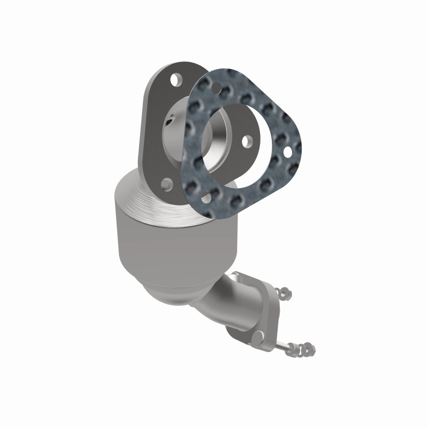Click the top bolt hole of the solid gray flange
coord(174,80)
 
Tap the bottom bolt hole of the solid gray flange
coord(167,185)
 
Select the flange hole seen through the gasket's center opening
coord(247,142)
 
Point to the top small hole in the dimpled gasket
coord(216,87)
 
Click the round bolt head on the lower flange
coord(258,336)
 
